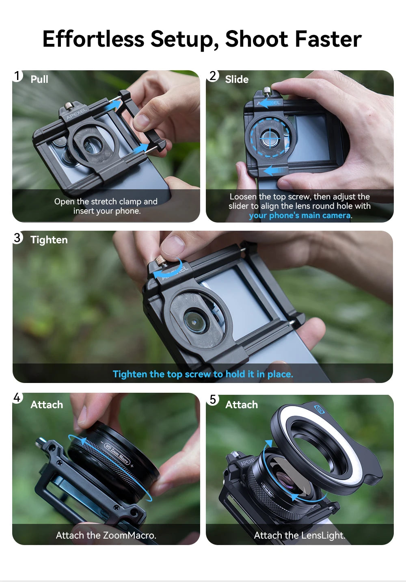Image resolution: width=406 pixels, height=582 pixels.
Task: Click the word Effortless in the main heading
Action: pos(93,39)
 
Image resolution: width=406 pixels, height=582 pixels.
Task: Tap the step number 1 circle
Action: pos(17,76)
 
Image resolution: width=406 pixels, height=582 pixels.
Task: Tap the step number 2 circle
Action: pos(213,76)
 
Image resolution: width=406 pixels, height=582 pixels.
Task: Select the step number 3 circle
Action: pos(17,238)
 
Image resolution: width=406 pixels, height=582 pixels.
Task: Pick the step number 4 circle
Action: pos(17,397)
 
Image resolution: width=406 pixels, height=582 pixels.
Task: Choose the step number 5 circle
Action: pos(213,399)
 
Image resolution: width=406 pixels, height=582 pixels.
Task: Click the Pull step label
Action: pos(39,79)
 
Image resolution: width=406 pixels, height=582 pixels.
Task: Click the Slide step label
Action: pos(237,79)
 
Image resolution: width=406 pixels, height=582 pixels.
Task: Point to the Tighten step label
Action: pos(49,240)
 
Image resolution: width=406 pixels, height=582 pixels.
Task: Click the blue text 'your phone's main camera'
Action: pos(300,216)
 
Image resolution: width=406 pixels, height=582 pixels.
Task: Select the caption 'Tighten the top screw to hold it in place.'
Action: pos(203,374)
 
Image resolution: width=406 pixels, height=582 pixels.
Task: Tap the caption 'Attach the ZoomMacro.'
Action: pos(106,535)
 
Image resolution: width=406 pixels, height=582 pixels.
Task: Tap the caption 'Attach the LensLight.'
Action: pos(300,535)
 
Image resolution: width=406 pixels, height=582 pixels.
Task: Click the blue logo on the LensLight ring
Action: pos(319,409)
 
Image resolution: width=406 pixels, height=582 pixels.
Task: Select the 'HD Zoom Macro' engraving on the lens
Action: pos(117,454)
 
